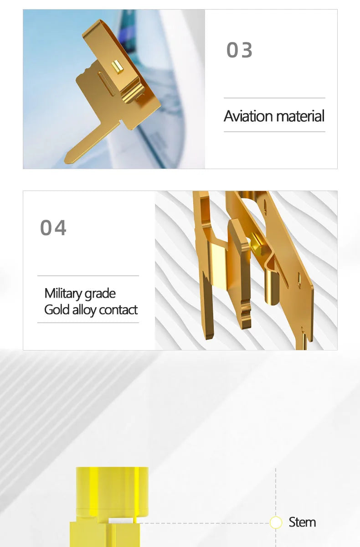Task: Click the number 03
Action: [239, 50]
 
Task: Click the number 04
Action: [53, 227]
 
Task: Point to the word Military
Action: [62, 294]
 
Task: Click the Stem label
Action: [302, 522]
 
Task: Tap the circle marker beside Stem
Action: [276, 522]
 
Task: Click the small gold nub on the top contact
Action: [117, 67]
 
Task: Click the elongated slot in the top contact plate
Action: [106, 83]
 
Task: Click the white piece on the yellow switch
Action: [121, 521]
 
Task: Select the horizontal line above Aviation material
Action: [274, 98]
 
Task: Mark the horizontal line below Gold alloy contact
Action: [88, 323]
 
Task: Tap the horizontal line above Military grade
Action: [88, 276]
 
